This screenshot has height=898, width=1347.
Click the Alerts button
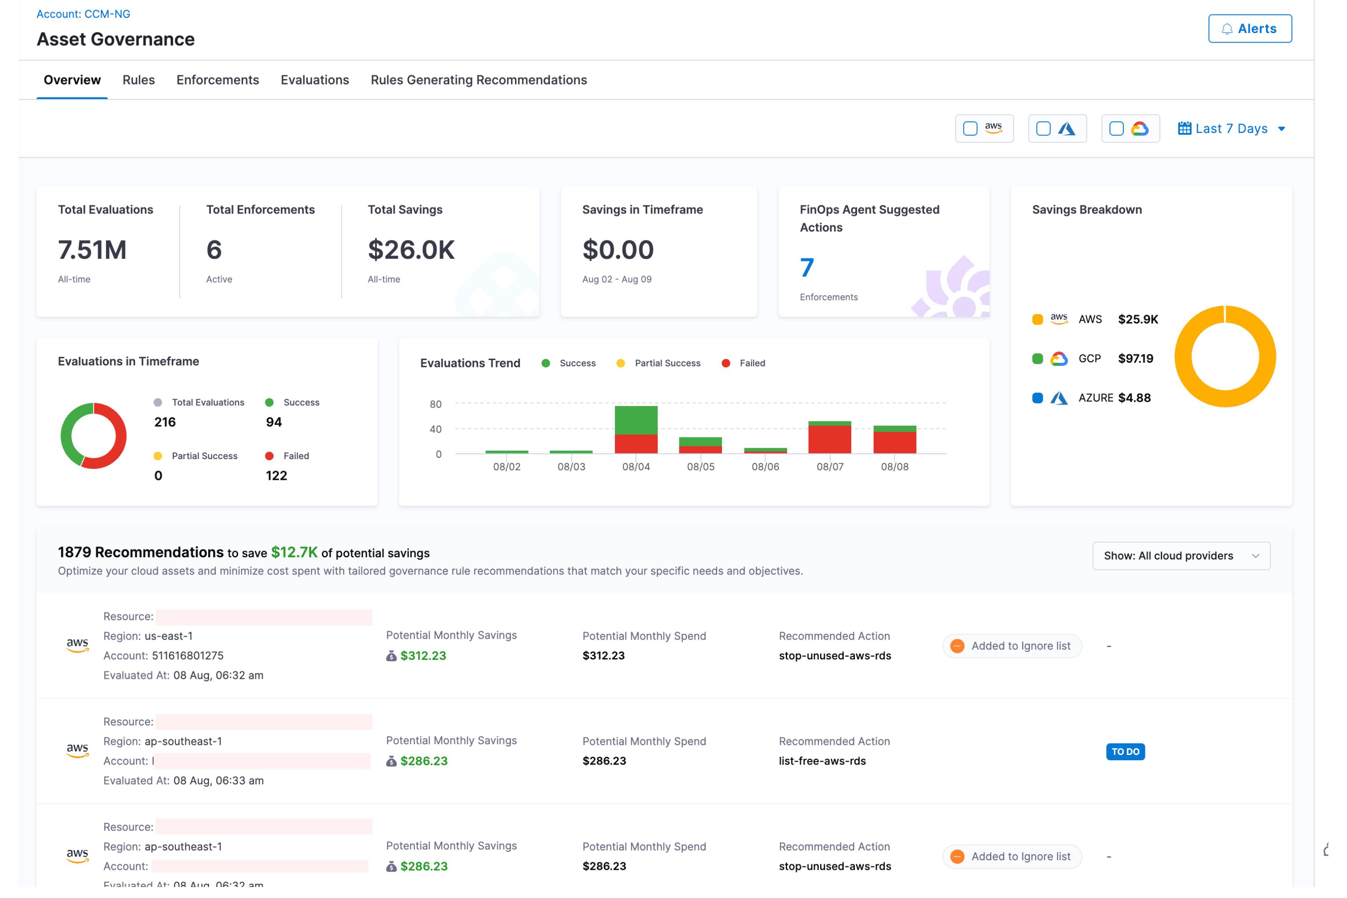coord(1250,29)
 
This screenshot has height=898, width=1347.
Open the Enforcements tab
coord(217,80)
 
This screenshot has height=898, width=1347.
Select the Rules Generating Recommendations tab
coord(479,80)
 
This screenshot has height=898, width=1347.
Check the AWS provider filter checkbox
coord(970,129)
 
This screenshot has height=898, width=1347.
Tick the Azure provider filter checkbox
coord(1043,129)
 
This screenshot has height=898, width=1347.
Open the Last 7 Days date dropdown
coord(1232,129)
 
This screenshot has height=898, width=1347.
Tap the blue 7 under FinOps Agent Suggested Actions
coord(807,268)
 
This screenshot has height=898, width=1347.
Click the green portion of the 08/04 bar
coord(636,420)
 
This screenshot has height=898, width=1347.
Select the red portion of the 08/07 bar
coord(830,440)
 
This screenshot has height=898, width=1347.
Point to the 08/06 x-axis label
coord(765,467)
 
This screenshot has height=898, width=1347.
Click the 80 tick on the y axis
coord(436,405)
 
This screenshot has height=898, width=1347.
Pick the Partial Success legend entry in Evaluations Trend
coord(667,363)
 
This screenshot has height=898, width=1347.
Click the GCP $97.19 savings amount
coord(1136,358)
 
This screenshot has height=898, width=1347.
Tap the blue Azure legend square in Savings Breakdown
coord(1038,398)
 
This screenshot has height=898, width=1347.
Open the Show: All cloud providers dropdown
coord(1181,556)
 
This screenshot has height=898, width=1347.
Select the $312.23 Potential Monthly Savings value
coord(423,656)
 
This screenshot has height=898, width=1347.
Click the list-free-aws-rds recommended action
coord(822,761)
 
